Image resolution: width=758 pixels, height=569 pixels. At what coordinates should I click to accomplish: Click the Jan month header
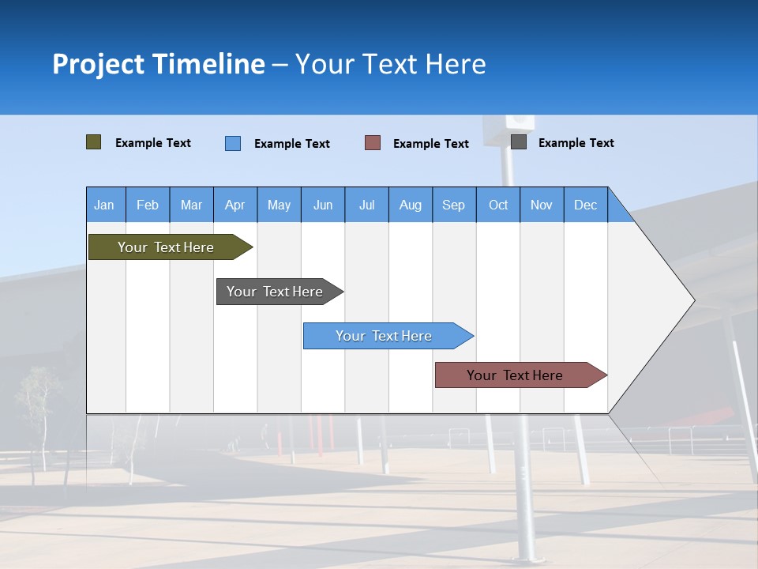click(104, 205)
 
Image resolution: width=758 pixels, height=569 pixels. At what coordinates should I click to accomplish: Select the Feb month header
click(148, 205)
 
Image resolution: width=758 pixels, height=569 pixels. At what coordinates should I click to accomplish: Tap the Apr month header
click(235, 205)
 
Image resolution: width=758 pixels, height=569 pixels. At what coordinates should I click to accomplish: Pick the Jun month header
click(323, 205)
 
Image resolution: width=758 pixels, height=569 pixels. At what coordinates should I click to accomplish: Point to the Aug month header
click(410, 205)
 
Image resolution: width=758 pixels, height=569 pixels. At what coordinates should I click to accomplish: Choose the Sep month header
click(453, 205)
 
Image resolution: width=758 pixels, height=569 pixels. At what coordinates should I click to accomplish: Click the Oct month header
click(498, 205)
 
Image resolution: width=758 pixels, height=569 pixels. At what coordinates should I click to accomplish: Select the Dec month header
click(585, 205)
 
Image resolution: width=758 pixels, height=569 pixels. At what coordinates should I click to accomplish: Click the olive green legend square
click(94, 142)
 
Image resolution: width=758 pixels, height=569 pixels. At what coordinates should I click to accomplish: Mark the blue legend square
click(233, 143)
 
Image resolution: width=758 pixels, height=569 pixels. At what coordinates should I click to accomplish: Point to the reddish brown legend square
click(373, 143)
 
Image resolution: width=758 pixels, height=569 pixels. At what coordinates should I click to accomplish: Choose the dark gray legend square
click(519, 142)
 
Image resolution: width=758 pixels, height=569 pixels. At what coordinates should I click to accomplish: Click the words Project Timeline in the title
click(159, 64)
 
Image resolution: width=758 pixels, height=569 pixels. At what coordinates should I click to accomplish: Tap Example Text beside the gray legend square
click(576, 142)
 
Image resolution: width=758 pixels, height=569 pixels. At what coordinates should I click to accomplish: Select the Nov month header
click(542, 205)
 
